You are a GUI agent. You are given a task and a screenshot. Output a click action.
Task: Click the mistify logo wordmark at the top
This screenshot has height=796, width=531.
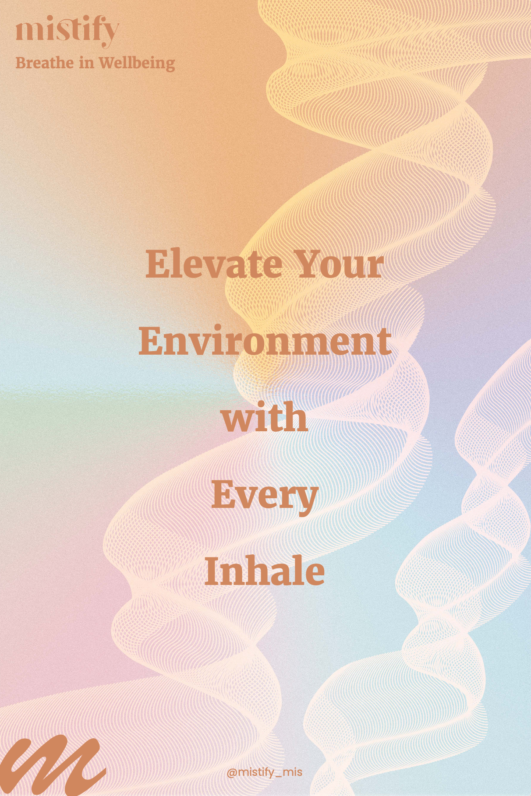[x=67, y=31]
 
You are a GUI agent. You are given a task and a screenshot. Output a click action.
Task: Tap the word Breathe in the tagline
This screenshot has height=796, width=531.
[x=45, y=63]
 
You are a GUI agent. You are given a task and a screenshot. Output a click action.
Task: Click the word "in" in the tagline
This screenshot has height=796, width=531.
[x=86, y=63]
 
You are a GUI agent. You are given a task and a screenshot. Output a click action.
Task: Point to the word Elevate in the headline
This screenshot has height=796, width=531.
[x=214, y=264]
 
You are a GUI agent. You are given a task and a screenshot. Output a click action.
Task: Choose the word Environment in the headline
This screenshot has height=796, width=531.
[x=265, y=341]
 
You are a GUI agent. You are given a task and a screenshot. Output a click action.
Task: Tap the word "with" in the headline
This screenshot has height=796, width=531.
[x=265, y=417]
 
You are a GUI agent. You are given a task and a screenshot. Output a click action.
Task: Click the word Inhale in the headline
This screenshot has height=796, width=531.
[x=265, y=571]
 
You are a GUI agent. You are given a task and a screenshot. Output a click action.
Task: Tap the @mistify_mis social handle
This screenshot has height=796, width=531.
[x=265, y=772]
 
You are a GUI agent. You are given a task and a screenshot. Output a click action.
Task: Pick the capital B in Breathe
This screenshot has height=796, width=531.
[x=21, y=63]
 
